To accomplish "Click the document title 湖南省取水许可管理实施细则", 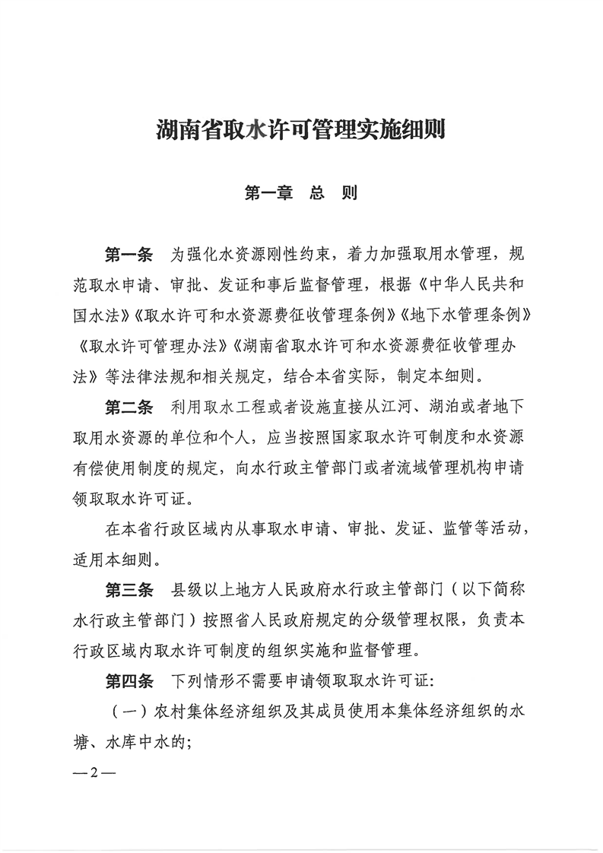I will pos(300,130).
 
